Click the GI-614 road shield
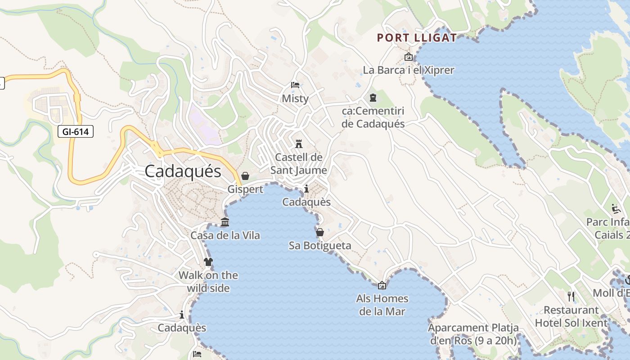76,131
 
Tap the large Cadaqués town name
183,171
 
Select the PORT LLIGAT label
417,38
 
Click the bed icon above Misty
295,85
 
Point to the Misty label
295,99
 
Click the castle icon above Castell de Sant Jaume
299,144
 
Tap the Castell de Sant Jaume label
299,164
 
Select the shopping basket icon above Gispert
245,176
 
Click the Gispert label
245,189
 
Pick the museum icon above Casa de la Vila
225,222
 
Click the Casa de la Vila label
225,235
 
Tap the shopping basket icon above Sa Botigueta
320,232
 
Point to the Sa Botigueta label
320,246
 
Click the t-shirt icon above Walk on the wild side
208,261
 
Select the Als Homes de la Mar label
382,305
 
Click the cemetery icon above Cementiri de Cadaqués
373,97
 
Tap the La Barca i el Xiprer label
409,70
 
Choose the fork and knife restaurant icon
571,296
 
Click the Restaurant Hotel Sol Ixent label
571,316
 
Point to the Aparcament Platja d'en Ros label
473,334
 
